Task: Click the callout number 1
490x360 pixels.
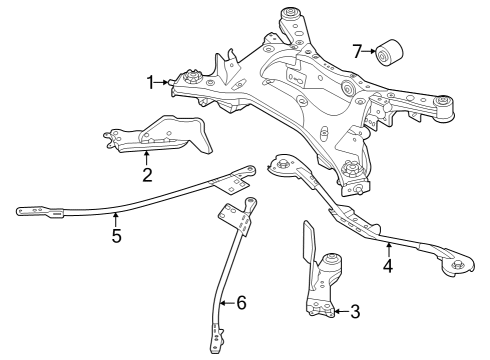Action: (151, 82)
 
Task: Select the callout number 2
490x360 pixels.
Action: (146, 176)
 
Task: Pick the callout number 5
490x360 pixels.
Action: (116, 236)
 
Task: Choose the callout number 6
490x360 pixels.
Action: (240, 302)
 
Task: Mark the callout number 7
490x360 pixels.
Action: (357, 50)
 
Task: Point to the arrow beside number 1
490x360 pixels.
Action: (166, 82)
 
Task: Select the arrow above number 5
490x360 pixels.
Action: (116, 218)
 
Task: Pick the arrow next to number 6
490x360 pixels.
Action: (225, 302)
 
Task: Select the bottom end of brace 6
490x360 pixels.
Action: (213, 347)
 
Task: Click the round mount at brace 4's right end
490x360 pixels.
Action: (458, 266)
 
